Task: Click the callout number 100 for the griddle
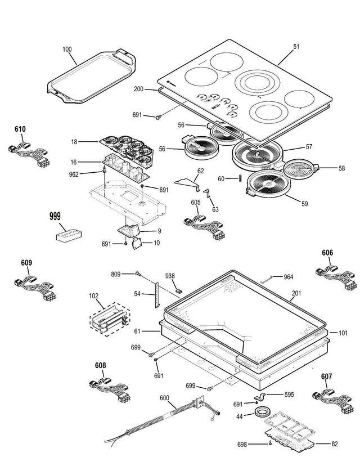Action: (x=67, y=49)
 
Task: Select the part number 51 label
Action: (x=296, y=47)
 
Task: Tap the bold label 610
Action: (x=20, y=129)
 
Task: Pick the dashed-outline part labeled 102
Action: (x=110, y=319)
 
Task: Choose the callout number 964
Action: (x=289, y=277)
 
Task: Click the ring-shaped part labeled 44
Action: (x=262, y=413)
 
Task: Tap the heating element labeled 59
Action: (x=267, y=185)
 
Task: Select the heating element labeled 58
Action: (x=301, y=168)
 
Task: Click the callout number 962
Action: (x=74, y=174)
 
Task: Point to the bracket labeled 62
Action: (x=188, y=183)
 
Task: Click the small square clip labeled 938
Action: (x=179, y=291)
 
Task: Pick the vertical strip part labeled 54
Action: (x=157, y=295)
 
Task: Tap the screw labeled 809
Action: (x=138, y=273)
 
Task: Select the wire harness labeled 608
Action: (x=110, y=390)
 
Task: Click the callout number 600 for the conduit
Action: (x=164, y=398)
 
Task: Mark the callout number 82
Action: (x=335, y=444)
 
